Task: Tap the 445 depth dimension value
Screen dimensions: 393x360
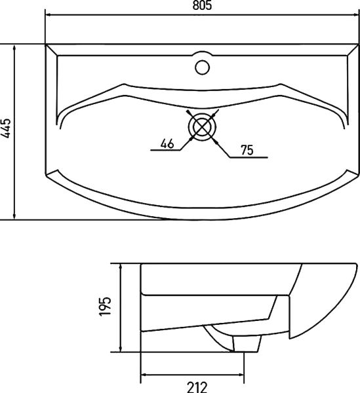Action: click(6, 130)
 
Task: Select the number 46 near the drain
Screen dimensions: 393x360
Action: click(167, 144)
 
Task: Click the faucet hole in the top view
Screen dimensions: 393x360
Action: click(203, 65)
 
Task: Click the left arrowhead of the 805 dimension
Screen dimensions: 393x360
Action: click(48, 14)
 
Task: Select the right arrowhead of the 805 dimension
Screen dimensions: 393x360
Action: click(355, 14)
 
